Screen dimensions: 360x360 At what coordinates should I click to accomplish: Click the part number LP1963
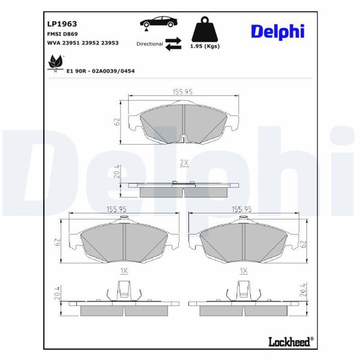coord(62,24)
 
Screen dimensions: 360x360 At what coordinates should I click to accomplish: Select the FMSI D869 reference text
coord(62,34)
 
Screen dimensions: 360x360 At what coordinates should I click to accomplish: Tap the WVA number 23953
coord(110,43)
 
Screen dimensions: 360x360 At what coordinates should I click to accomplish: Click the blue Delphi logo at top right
coord(278,31)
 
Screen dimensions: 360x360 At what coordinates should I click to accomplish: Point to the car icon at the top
coord(158,23)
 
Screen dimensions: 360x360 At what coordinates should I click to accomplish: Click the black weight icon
coord(205,29)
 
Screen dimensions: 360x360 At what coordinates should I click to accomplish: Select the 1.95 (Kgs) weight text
coord(205,46)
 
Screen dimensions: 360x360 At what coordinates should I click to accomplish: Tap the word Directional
coord(149,44)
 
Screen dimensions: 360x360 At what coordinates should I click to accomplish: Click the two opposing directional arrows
coord(173,44)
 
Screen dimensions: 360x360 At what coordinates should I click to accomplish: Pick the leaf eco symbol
coord(55,62)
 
